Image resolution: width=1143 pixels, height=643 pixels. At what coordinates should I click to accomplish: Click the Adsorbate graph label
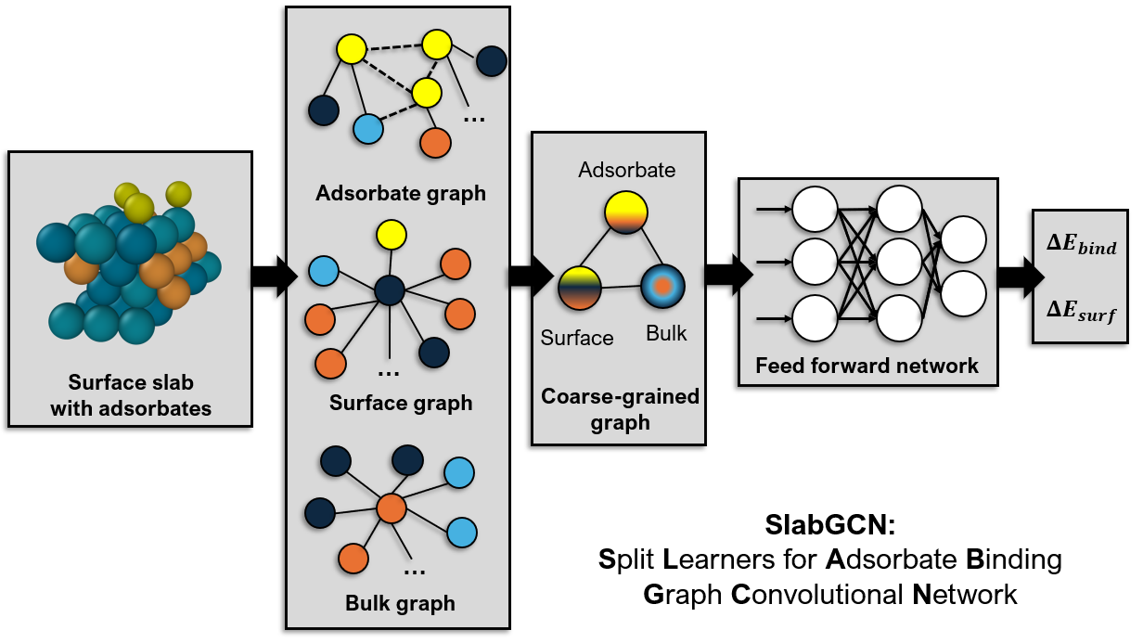coord(401,194)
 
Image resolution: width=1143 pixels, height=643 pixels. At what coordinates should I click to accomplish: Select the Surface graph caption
coord(401,404)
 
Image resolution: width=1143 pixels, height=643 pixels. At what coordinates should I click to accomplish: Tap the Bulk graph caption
coord(401,603)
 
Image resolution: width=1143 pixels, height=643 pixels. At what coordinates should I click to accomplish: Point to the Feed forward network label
coord(867,366)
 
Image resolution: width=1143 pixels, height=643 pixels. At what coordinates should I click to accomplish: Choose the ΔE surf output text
coord(1081,313)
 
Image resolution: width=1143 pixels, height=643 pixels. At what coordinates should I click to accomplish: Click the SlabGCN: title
coord(829,525)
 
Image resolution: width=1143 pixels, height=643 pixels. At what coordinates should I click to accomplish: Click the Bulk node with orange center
coord(663,286)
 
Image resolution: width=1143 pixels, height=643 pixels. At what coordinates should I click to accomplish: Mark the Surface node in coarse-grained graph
coord(580,288)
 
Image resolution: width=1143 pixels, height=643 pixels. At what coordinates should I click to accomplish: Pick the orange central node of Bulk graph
coord(392,508)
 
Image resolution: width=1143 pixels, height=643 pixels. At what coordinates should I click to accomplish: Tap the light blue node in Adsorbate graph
coord(368,128)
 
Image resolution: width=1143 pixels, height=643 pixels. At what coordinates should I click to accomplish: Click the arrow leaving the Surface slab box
coord(273,276)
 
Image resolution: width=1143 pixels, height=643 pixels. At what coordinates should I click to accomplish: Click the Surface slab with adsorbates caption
coord(131,395)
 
